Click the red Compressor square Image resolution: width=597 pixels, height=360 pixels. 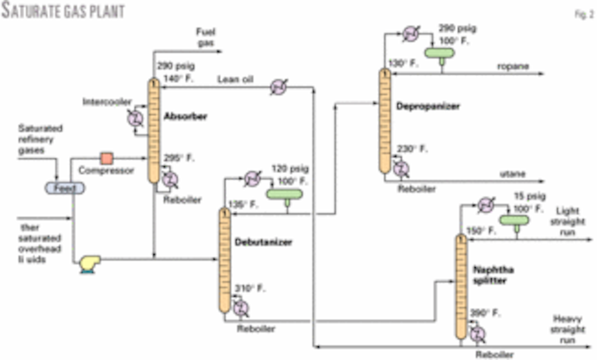coord(107,158)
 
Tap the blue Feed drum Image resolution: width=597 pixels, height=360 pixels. coord(65,188)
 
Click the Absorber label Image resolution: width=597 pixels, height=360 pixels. coord(185,117)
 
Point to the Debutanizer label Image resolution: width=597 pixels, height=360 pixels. coord(263,242)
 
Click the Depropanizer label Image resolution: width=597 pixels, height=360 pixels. coord(428,106)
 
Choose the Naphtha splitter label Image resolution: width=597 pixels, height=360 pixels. coord(493,275)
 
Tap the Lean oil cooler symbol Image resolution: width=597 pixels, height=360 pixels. coord(279,87)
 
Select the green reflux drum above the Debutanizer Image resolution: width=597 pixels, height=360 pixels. coord(284,194)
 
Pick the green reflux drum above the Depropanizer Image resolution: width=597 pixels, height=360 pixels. coord(439,53)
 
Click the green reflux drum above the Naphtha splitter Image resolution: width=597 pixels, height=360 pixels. coord(514,220)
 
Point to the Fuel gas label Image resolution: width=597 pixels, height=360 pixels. coord(206,37)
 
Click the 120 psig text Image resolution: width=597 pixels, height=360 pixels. coord(290,169)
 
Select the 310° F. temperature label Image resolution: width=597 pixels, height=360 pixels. coord(250,288)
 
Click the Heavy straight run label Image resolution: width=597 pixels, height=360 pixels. coord(567,329)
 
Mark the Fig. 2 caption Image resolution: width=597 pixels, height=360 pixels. coord(584,14)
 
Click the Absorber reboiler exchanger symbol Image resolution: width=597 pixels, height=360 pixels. coord(170,180)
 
